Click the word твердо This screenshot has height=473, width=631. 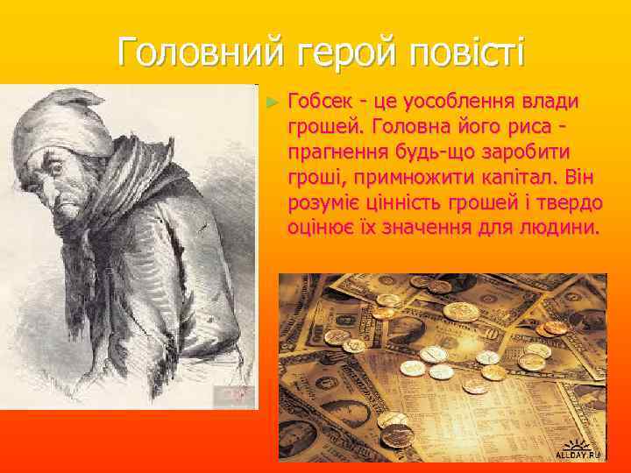point(571,203)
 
